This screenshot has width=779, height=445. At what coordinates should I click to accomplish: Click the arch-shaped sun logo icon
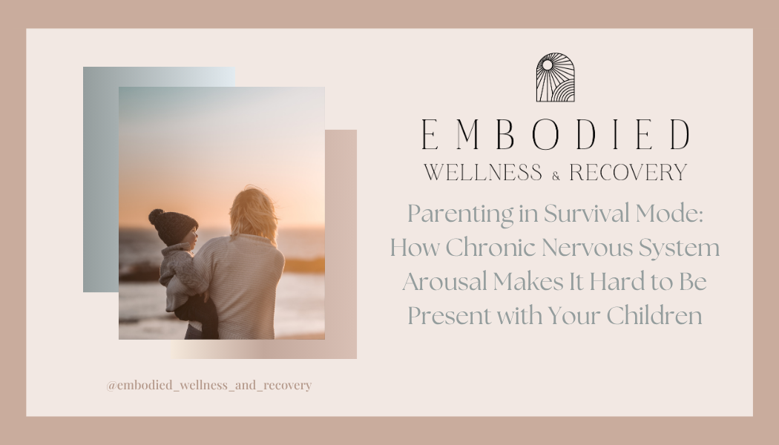pos(555,77)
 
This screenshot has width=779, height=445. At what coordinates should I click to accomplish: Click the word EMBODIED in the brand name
pos(555,135)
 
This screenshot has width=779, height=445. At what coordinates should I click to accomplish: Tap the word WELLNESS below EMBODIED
pos(483,174)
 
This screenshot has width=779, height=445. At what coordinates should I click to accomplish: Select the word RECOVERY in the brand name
pos(628,174)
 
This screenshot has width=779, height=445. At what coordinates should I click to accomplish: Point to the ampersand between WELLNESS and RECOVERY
pos(556,176)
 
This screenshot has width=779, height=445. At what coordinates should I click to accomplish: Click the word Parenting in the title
pos(453,215)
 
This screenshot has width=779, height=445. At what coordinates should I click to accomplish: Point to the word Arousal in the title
pos(444,282)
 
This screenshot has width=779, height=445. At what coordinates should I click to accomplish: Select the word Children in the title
pos(654,316)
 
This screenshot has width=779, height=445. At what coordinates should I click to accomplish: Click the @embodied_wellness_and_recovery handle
pos(208,386)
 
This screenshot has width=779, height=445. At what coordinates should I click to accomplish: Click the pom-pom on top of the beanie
pos(156,217)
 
